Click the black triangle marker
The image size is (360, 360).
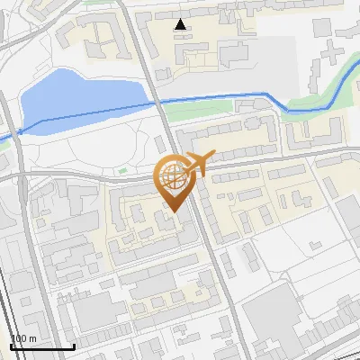click(x=181, y=24)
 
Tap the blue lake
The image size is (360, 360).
click(x=81, y=94)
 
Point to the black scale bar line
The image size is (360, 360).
click(x=42, y=346)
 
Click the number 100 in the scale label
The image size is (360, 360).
click(x=19, y=339)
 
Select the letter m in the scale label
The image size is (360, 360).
click(x=31, y=339)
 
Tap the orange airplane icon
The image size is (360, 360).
click(x=198, y=162)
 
